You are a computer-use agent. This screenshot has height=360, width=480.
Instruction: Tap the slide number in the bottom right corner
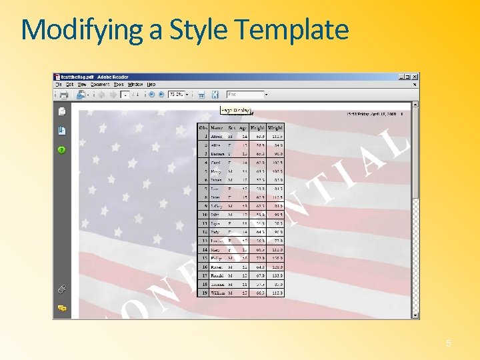(x=449, y=343)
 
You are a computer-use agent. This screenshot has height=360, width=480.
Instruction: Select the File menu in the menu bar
(x=59, y=85)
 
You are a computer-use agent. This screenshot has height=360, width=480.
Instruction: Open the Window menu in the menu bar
(x=135, y=85)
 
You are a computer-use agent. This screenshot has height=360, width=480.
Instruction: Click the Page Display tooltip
(x=235, y=111)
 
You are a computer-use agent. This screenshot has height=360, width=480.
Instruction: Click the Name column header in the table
(x=217, y=127)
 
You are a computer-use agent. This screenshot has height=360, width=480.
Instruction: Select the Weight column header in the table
(x=275, y=127)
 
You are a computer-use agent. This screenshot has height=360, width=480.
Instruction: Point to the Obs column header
(x=203, y=127)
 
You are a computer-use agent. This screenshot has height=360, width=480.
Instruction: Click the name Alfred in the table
(x=217, y=136)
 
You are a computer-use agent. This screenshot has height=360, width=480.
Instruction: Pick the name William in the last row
(x=218, y=292)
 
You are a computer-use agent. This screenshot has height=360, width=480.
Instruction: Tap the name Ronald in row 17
(x=217, y=275)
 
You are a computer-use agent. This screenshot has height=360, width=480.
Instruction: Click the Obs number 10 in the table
(x=204, y=214)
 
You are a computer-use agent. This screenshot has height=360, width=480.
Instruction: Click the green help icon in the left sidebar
(x=62, y=150)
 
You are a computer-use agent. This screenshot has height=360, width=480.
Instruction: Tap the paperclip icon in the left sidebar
(x=62, y=289)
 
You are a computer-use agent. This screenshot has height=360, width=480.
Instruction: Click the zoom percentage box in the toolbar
(x=176, y=95)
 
